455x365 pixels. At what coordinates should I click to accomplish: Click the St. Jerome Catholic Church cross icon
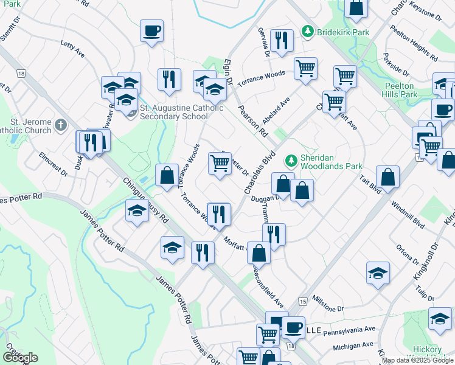60,125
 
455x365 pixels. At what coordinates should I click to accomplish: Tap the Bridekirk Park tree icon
308,31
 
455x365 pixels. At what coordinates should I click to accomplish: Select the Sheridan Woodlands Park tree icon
291,161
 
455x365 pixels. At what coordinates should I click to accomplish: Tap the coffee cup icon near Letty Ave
151,30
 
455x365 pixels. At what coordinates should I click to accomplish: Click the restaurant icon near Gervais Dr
281,40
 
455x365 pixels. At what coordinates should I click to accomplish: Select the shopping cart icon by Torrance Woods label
305,68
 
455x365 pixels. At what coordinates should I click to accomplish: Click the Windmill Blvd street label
408,214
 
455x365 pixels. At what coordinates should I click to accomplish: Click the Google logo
19,358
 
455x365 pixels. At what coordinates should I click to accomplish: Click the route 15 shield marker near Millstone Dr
302,302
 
